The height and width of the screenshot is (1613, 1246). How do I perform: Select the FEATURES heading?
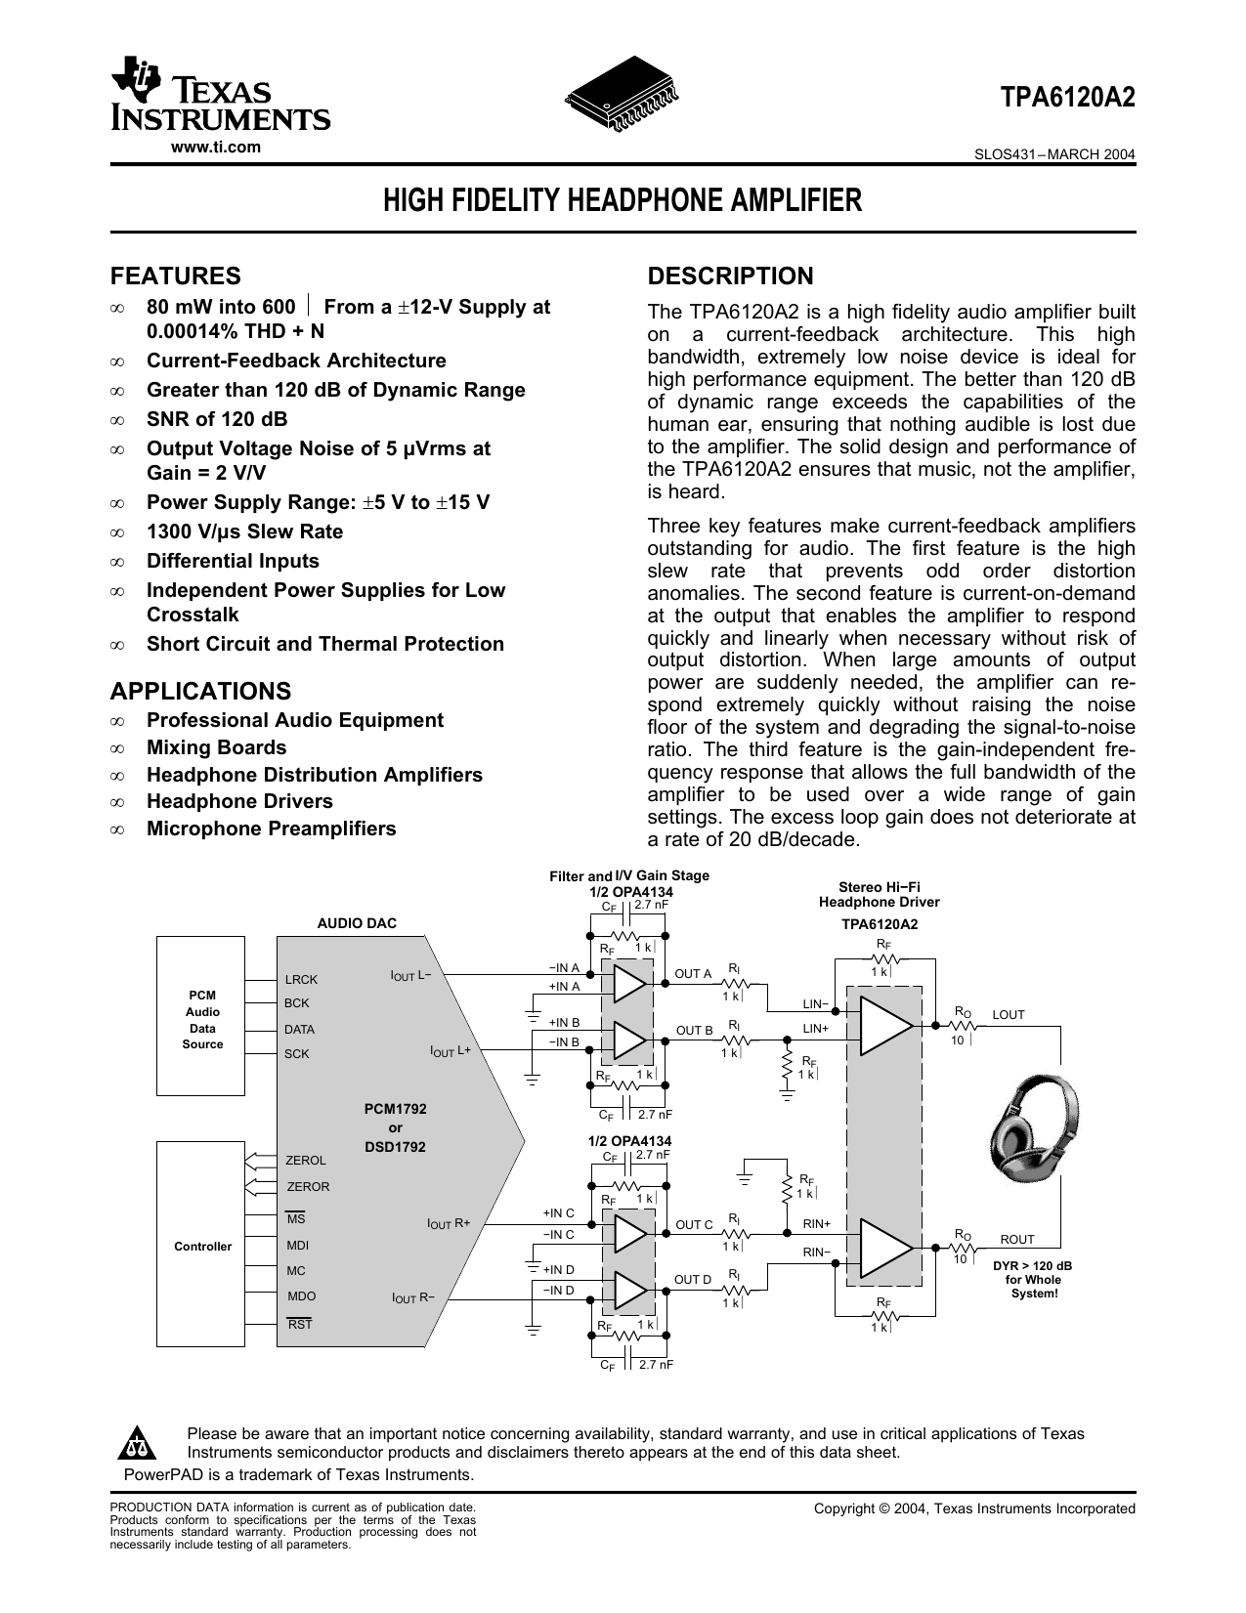(x=176, y=276)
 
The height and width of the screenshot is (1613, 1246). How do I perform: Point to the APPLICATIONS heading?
(x=201, y=691)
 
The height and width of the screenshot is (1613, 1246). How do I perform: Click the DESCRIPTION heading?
(x=731, y=276)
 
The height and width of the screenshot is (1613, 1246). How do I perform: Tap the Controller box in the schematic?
(x=203, y=1246)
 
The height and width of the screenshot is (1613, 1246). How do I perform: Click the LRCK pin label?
(x=301, y=979)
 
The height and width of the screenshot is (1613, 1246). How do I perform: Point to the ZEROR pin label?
(x=309, y=1186)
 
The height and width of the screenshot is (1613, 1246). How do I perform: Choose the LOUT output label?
(x=1009, y=1015)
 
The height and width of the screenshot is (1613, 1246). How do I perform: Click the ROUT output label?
(x=1017, y=1239)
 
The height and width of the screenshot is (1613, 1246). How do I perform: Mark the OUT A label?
(x=694, y=974)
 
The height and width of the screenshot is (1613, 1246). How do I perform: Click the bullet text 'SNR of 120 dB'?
(x=217, y=419)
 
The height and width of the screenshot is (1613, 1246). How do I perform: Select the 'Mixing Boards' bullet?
(x=216, y=747)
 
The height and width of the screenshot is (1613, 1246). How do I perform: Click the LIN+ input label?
(x=816, y=1028)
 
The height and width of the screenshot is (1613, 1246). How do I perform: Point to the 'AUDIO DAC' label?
(x=357, y=922)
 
